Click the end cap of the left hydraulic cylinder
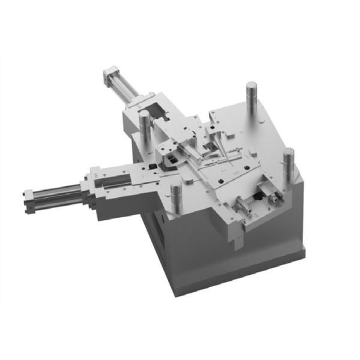(28, 202)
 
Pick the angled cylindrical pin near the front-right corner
(245, 206)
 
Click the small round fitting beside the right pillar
(275, 196)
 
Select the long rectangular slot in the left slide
(114, 179)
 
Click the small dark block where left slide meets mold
(154, 165)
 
